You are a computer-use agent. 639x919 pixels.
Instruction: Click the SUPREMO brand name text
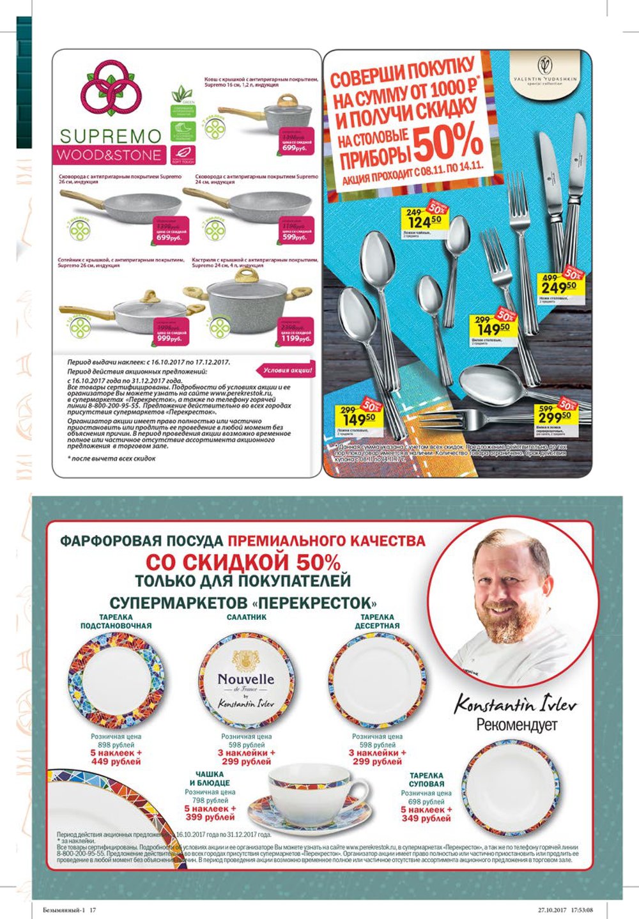pyautogui.click(x=111, y=135)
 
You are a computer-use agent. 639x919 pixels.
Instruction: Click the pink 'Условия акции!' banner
pyautogui.click(x=288, y=369)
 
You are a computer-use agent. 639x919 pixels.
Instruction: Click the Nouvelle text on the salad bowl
pyautogui.click(x=245, y=679)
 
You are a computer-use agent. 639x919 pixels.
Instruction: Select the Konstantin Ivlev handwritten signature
pyautogui.click(x=515, y=704)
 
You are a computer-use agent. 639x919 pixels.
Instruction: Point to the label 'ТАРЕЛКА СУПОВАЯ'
pyautogui.click(x=426, y=780)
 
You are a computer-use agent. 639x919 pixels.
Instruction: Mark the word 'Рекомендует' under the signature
pyautogui.click(x=516, y=725)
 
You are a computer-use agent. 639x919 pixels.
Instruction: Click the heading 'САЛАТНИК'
pyautogui.click(x=247, y=617)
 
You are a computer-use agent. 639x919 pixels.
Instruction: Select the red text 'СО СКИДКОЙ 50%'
pyautogui.click(x=243, y=562)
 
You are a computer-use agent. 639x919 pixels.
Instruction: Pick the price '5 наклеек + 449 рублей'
pyautogui.click(x=116, y=757)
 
